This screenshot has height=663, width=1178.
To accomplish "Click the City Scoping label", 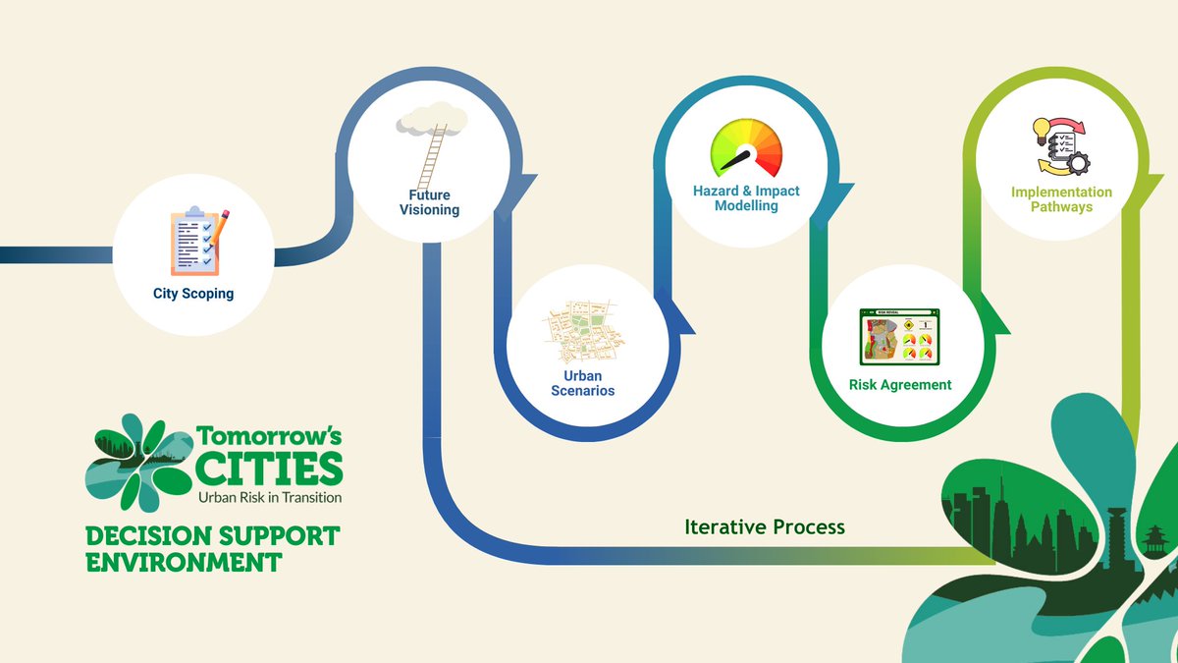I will click(193, 293).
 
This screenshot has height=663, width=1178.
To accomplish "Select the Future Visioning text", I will click(429, 202).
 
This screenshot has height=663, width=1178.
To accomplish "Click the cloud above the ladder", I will click(431, 122).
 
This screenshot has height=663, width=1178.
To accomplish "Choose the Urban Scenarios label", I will click(589, 383).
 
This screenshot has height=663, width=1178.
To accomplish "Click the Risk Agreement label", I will click(900, 385).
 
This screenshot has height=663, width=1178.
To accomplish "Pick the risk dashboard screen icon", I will click(899, 338).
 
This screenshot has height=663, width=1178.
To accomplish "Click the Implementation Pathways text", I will click(1061, 199).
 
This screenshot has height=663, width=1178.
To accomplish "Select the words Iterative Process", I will click(764, 527).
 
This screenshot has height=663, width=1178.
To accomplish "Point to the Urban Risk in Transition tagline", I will click(270, 497).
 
